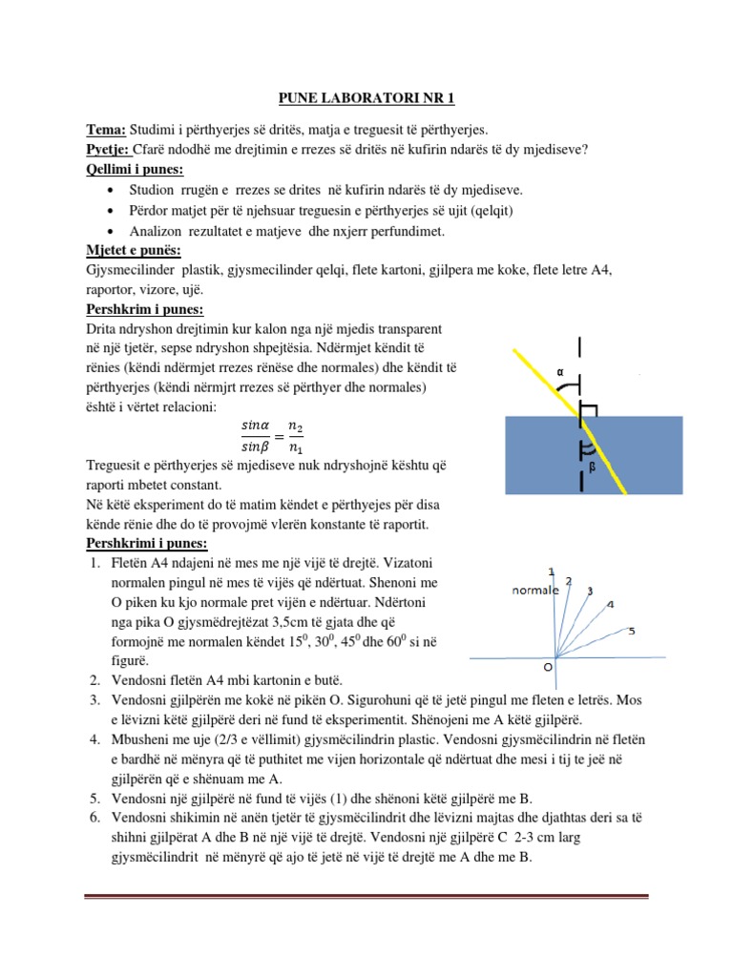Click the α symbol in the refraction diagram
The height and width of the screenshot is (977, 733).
(x=559, y=371)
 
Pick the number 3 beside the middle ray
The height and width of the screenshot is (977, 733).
(x=589, y=591)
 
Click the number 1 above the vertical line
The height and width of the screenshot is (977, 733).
(x=552, y=572)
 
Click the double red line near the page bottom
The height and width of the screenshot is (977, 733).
(x=366, y=896)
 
